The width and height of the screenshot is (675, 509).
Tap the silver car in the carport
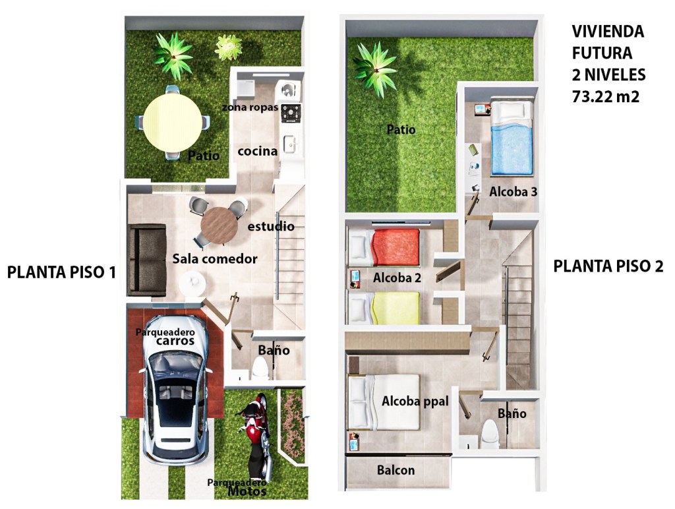[176, 390]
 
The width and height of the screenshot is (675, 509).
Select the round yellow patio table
[172, 123]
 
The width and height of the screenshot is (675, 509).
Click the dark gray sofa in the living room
[147, 260]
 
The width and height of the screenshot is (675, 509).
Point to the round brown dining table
[219, 225]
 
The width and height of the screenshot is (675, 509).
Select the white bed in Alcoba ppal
[384, 402]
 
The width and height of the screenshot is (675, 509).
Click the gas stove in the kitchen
[291, 113]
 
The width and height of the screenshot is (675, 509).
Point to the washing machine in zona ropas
[289, 91]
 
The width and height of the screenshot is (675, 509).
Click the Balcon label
[396, 470]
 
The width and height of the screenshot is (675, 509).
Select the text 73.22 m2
[605, 96]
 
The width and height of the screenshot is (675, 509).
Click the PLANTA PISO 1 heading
[61, 272]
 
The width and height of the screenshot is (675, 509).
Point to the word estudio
[271, 226]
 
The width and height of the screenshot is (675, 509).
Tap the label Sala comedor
[215, 258]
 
